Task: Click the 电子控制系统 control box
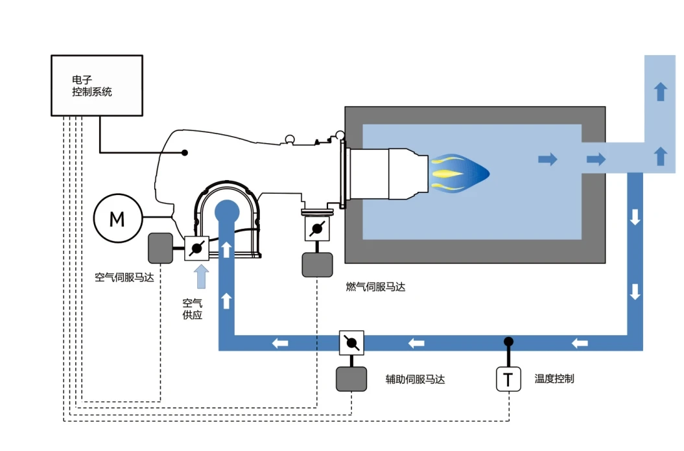pos(97,86)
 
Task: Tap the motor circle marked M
pos(117,220)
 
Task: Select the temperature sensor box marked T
pos(508,379)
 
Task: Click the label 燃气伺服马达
pos(375,287)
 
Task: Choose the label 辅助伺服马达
pos(415,379)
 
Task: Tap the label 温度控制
pos(554,378)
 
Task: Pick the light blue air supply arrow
pos(202,275)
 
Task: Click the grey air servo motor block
pos(161,248)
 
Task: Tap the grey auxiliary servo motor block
pos(351,378)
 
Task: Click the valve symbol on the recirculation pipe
pos(351,342)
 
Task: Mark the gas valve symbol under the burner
pos(317,228)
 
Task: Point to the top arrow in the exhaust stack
pos(660,91)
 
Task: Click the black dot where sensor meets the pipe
pos(509,341)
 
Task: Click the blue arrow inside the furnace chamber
pos(548,159)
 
